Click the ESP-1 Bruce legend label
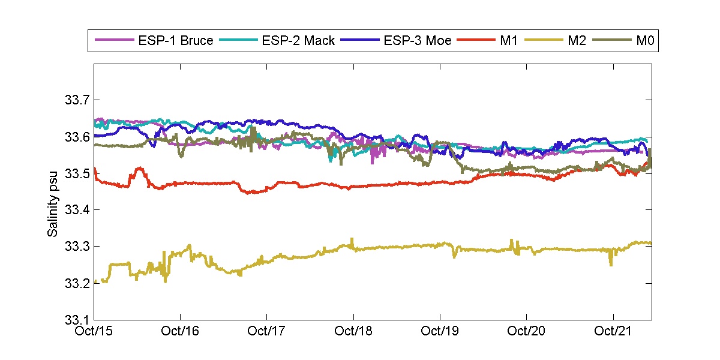(x=176, y=41)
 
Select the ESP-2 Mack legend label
(x=298, y=41)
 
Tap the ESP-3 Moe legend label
(x=418, y=41)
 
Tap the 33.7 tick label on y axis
(x=76, y=100)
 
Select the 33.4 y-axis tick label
(x=76, y=210)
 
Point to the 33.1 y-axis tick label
(x=76, y=320)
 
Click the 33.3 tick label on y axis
(x=76, y=247)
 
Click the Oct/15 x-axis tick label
(x=94, y=331)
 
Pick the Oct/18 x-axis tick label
(x=353, y=331)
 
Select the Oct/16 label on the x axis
(x=180, y=331)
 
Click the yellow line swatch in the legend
(x=541, y=41)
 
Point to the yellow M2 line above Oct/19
(x=440, y=244)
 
